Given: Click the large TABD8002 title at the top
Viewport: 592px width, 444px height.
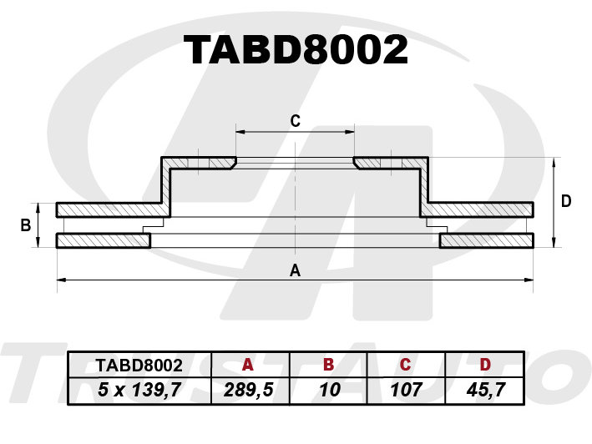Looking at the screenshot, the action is [296, 50].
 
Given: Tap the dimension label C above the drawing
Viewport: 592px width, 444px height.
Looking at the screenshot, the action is [296, 121].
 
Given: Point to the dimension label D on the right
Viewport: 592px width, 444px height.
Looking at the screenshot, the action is [566, 201].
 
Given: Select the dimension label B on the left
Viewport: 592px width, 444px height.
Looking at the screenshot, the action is [26, 225].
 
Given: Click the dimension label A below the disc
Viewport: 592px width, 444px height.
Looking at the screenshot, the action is [295, 270].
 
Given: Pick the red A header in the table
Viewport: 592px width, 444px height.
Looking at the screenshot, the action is [248, 365].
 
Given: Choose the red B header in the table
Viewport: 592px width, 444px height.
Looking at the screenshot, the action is [328, 365].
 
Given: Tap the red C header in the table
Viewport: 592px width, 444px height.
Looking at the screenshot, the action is [405, 365].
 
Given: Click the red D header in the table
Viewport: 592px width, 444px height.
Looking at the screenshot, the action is [485, 365].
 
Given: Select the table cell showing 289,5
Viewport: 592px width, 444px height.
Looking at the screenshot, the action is [249, 390].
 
